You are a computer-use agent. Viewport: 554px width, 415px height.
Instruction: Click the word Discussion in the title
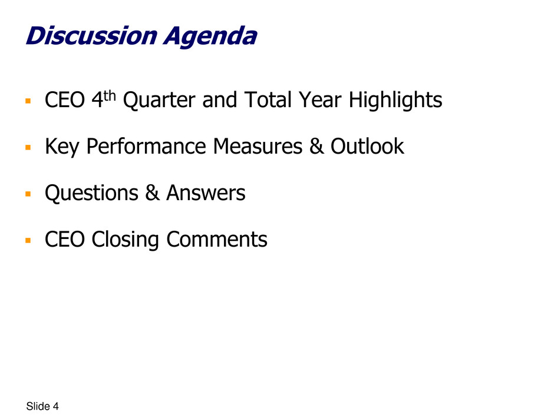coord(91,36)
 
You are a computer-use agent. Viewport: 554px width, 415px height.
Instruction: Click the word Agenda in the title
coord(210,36)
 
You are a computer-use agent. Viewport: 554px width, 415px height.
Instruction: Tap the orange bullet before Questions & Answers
coord(28,194)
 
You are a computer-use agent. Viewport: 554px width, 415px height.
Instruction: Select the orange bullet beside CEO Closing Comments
coord(28,240)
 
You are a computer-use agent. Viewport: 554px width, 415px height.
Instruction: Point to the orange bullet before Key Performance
coord(28,147)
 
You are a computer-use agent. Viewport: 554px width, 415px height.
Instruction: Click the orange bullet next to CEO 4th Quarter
coord(28,101)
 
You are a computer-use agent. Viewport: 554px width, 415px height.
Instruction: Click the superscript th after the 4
coord(110,95)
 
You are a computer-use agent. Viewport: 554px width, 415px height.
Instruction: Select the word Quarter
coord(159,100)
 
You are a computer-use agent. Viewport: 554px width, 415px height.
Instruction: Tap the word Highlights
coord(395,101)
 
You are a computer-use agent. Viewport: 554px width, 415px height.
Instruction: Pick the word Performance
coord(146,147)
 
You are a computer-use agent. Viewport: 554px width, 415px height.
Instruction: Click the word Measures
coord(258,147)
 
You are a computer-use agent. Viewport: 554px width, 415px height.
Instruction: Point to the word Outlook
coord(367,146)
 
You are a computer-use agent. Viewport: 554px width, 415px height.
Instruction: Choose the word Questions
coord(91,194)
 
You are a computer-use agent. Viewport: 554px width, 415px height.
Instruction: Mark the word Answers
coord(206,193)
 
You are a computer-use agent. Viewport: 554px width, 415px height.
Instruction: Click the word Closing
coord(125,240)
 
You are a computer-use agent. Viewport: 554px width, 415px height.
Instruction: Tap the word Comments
coord(216,240)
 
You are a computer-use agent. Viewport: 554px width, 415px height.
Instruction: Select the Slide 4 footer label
coord(42,406)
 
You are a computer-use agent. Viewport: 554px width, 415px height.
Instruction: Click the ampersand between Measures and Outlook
coord(316,146)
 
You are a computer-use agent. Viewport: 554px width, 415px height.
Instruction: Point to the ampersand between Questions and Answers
coord(152,193)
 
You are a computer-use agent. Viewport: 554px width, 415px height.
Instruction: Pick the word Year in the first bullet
coord(320,100)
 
